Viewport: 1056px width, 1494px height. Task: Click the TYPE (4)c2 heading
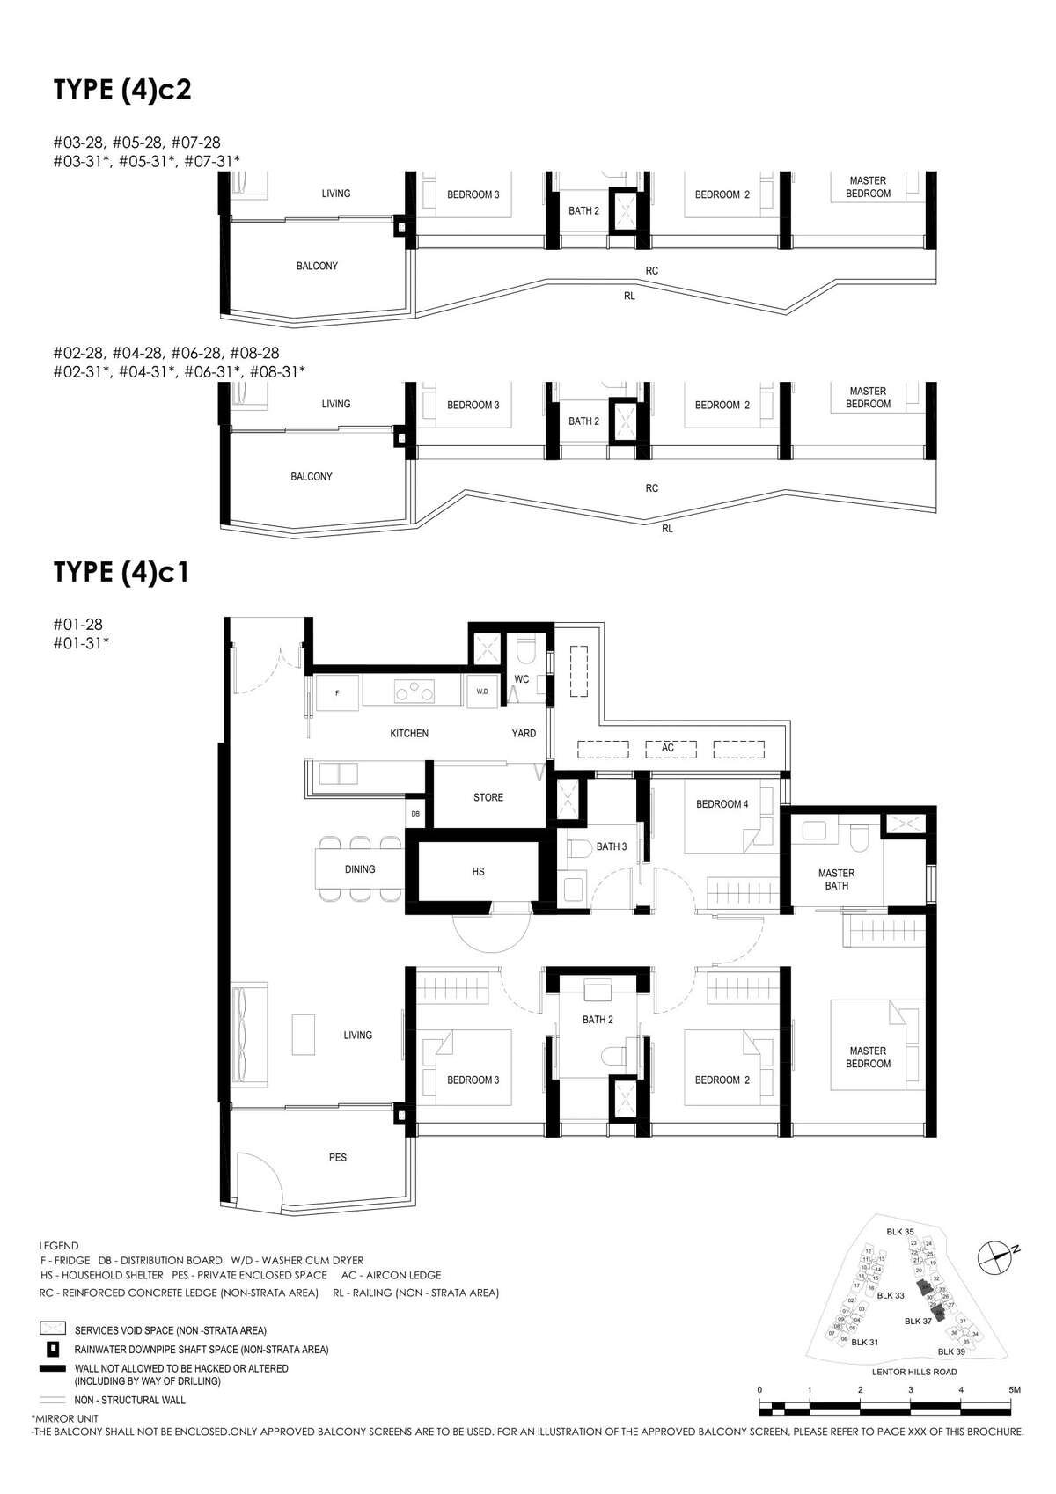[x=122, y=90]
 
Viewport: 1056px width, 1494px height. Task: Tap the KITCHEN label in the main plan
[x=409, y=733]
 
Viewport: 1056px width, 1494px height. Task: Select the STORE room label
[x=488, y=797]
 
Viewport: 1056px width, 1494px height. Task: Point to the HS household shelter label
[x=478, y=871]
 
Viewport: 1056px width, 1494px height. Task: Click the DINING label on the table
[x=360, y=869]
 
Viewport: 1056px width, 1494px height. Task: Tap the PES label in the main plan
[x=338, y=1157]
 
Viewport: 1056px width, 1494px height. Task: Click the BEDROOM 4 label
[x=722, y=803]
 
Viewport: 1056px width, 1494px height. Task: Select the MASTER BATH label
[x=836, y=880]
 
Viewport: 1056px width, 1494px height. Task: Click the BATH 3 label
[x=612, y=846]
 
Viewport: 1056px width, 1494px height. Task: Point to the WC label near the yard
[x=521, y=679]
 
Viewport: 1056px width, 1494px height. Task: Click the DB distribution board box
[x=415, y=814]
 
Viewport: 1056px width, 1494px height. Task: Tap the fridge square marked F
[x=336, y=692]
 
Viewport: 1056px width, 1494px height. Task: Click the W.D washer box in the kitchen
[x=482, y=692]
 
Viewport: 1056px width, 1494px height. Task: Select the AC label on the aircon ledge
[x=668, y=748]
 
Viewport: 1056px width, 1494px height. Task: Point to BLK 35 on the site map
[x=900, y=1232]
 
